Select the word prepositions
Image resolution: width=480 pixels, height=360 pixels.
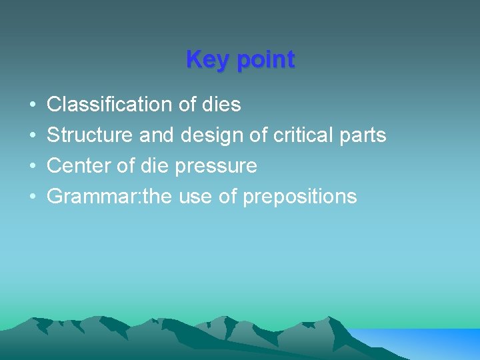coord(300,197)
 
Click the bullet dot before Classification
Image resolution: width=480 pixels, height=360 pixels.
coord(33,105)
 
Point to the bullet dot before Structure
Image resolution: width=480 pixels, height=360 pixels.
coord(33,136)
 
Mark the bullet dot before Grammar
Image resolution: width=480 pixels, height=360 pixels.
coord(33,197)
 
